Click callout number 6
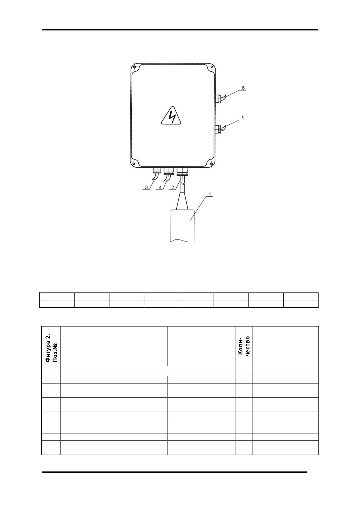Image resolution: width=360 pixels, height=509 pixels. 243,88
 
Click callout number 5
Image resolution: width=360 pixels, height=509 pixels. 243,118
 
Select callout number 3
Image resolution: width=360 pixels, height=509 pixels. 147,187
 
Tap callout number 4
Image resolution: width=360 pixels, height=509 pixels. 160,187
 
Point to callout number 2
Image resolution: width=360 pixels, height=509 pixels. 173,187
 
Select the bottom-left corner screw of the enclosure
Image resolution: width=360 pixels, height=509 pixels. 133,164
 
